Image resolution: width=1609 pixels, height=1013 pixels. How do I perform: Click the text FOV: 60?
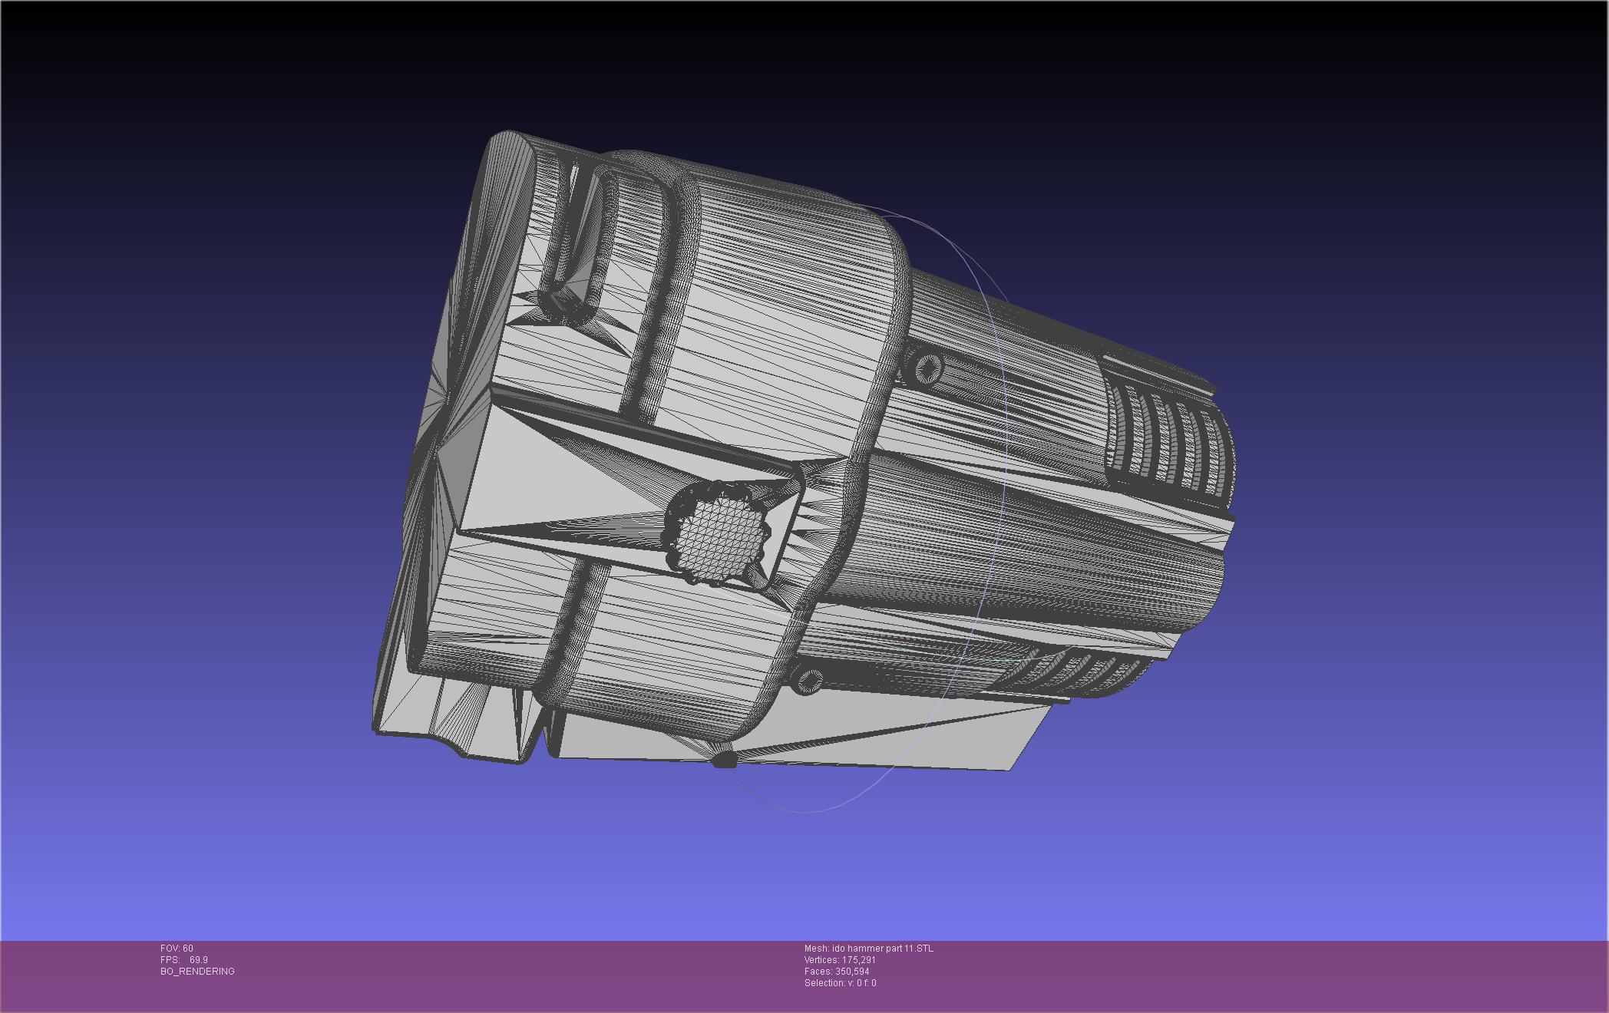[177, 949]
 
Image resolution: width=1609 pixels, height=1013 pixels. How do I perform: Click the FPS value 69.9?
[199, 960]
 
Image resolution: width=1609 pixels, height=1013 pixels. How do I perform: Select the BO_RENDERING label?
[197, 972]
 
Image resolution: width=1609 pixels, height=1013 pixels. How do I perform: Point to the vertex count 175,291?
[859, 960]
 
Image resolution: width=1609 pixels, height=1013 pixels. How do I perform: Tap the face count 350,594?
[852, 972]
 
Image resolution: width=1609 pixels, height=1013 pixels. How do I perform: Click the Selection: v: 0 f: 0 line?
[840, 983]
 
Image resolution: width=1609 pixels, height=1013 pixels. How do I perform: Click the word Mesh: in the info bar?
[816, 949]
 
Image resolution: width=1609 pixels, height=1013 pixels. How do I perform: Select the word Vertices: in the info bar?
[822, 960]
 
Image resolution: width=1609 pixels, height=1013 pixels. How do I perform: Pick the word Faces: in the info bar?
[818, 972]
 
